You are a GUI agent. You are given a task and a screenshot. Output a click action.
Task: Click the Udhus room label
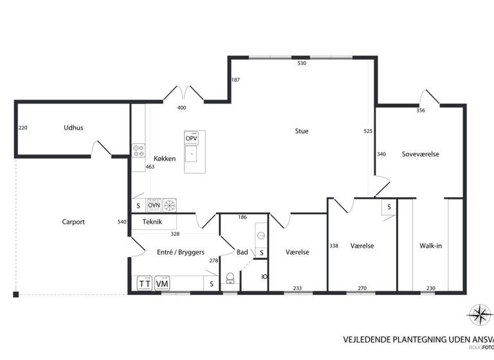coord(73,128)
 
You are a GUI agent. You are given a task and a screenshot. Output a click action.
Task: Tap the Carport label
coord(73,222)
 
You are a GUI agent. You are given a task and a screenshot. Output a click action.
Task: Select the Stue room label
coord(302,131)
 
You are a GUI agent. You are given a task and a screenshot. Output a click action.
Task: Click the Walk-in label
coord(430,246)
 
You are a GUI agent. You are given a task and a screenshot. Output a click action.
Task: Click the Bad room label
coord(242,253)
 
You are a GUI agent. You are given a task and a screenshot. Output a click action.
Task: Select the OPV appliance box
coord(191,139)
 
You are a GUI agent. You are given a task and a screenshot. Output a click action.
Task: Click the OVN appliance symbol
coord(154,205)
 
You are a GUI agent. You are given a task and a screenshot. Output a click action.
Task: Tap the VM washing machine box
coord(162,283)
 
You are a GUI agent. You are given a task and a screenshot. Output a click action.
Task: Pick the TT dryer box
coord(145,283)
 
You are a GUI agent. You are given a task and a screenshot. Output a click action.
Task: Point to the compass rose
coord(479,314)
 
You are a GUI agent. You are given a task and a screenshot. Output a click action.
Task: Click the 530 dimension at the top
coord(302,64)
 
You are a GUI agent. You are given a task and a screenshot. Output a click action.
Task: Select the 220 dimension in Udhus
coord(23,128)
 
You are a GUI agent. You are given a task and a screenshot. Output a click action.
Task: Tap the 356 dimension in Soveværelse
coord(421,111)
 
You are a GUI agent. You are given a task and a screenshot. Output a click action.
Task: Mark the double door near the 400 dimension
coord(183,93)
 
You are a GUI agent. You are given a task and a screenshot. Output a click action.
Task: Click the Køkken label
coord(165,158)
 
